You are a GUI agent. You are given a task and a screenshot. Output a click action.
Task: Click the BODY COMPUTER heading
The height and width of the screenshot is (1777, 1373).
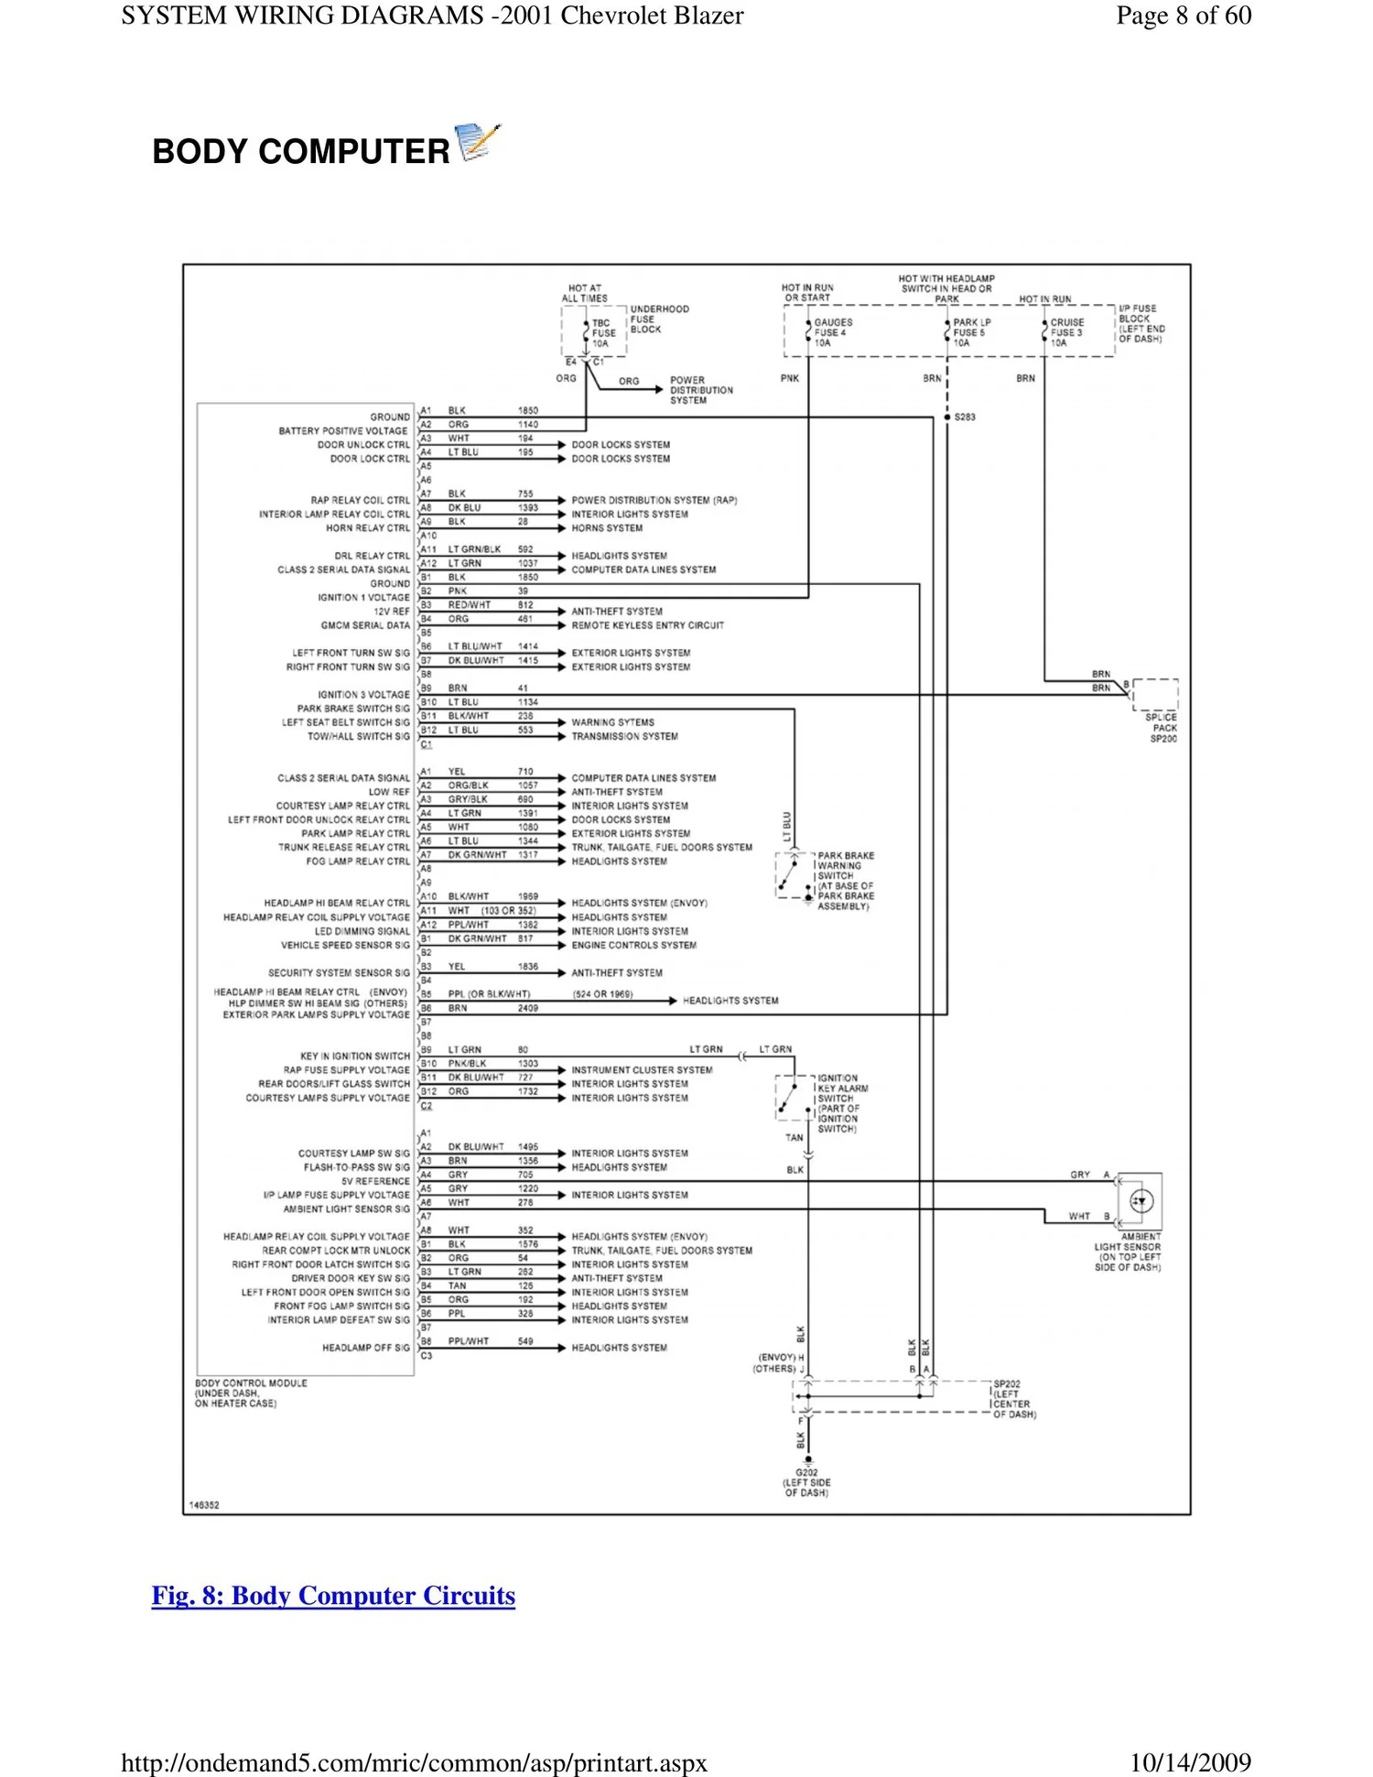tap(300, 151)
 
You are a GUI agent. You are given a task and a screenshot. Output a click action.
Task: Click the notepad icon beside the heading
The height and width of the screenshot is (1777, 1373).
tap(478, 142)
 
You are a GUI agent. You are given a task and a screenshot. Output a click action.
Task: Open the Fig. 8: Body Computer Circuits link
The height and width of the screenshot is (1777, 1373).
tap(333, 1596)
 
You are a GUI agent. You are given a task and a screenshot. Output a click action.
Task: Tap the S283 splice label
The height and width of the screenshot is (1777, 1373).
tap(965, 417)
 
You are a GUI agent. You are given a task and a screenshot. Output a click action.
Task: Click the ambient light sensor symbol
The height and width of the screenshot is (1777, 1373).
tap(1141, 1201)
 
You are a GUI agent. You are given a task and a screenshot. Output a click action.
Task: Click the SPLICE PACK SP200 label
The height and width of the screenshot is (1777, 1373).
tap(1162, 728)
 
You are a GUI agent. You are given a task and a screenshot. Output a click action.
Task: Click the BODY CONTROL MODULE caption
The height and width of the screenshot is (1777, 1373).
tap(250, 1392)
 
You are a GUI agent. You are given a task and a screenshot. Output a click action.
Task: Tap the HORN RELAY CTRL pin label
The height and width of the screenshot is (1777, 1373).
tap(368, 528)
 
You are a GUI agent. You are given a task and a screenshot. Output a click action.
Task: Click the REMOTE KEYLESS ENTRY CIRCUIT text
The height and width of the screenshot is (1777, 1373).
tap(647, 625)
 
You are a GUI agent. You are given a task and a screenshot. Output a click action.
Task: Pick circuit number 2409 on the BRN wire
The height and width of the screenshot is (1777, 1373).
tap(528, 1008)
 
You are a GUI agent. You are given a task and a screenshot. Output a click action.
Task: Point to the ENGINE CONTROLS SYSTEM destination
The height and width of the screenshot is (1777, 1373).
tap(633, 945)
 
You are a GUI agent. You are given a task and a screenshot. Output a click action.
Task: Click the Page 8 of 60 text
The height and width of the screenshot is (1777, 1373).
tap(1183, 16)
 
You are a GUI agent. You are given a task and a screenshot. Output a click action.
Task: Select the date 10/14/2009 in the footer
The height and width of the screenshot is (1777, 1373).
tap(1190, 1761)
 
